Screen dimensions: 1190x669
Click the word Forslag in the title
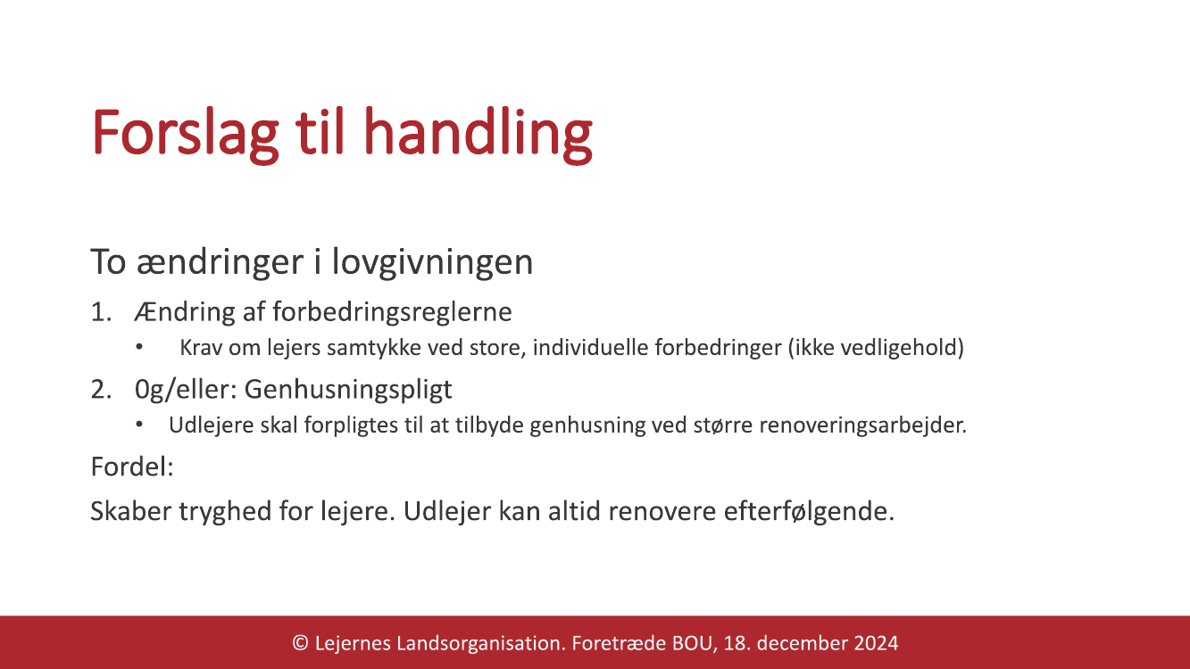[186, 133]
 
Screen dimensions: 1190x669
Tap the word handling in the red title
[478, 133]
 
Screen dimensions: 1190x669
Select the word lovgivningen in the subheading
[432, 262]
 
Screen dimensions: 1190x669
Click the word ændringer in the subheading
[220, 262]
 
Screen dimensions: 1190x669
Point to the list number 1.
[101, 311]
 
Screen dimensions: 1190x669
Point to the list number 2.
[101, 389]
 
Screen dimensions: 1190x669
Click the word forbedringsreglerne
[392, 311]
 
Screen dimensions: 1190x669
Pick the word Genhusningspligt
[348, 390]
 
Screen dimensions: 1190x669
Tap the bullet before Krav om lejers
[139, 347]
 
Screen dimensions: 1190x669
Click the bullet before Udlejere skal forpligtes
[139, 425]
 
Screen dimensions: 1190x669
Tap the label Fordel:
[132, 467]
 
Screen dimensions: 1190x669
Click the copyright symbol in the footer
[300, 643]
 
